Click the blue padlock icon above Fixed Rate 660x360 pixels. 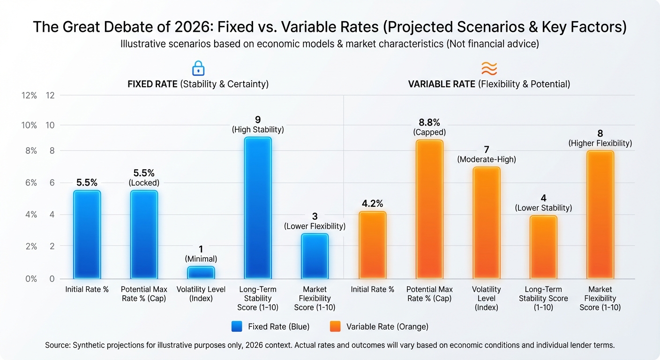pyautogui.click(x=199, y=68)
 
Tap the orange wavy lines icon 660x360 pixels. pyautogui.click(x=489, y=68)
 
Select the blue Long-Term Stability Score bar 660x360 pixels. pyautogui.click(x=258, y=208)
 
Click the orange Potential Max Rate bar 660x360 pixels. pyautogui.click(x=429, y=209)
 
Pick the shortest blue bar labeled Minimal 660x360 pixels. pyautogui.click(x=201, y=272)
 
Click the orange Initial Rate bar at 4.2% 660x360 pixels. pyautogui.click(x=372, y=245)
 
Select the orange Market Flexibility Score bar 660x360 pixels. pyautogui.click(x=600, y=215)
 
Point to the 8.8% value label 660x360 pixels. pyautogui.click(x=429, y=122)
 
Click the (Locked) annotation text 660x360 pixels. pyautogui.click(x=144, y=183)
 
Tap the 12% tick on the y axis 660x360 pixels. pyautogui.click(x=29, y=95)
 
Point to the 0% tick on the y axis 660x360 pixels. pyautogui.click(x=31, y=279)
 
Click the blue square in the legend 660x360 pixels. pyautogui.click(x=237, y=327)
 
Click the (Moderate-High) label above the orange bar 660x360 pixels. pyautogui.click(x=487, y=159)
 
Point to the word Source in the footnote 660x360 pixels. pyautogui.click(x=58, y=345)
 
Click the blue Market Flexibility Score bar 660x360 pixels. pyautogui.click(x=315, y=256)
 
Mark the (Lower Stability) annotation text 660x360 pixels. pyautogui.click(x=543, y=208)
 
